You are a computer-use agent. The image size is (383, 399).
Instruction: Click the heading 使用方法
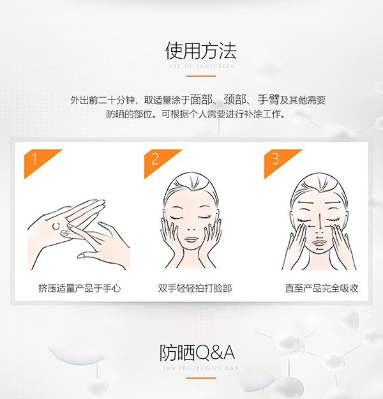coord(191,50)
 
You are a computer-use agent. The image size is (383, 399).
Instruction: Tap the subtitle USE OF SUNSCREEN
coord(191,66)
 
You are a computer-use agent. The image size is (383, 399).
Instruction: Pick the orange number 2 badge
coord(154,158)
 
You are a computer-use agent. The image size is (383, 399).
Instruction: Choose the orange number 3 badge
coord(275,158)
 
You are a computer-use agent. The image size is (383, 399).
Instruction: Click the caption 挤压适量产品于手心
coord(79,288)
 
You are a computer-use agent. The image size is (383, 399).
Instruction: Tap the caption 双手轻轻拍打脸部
coord(195,288)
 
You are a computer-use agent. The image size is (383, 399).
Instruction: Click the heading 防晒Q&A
coord(191,352)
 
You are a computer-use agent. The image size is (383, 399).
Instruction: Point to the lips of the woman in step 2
coord(191,239)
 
